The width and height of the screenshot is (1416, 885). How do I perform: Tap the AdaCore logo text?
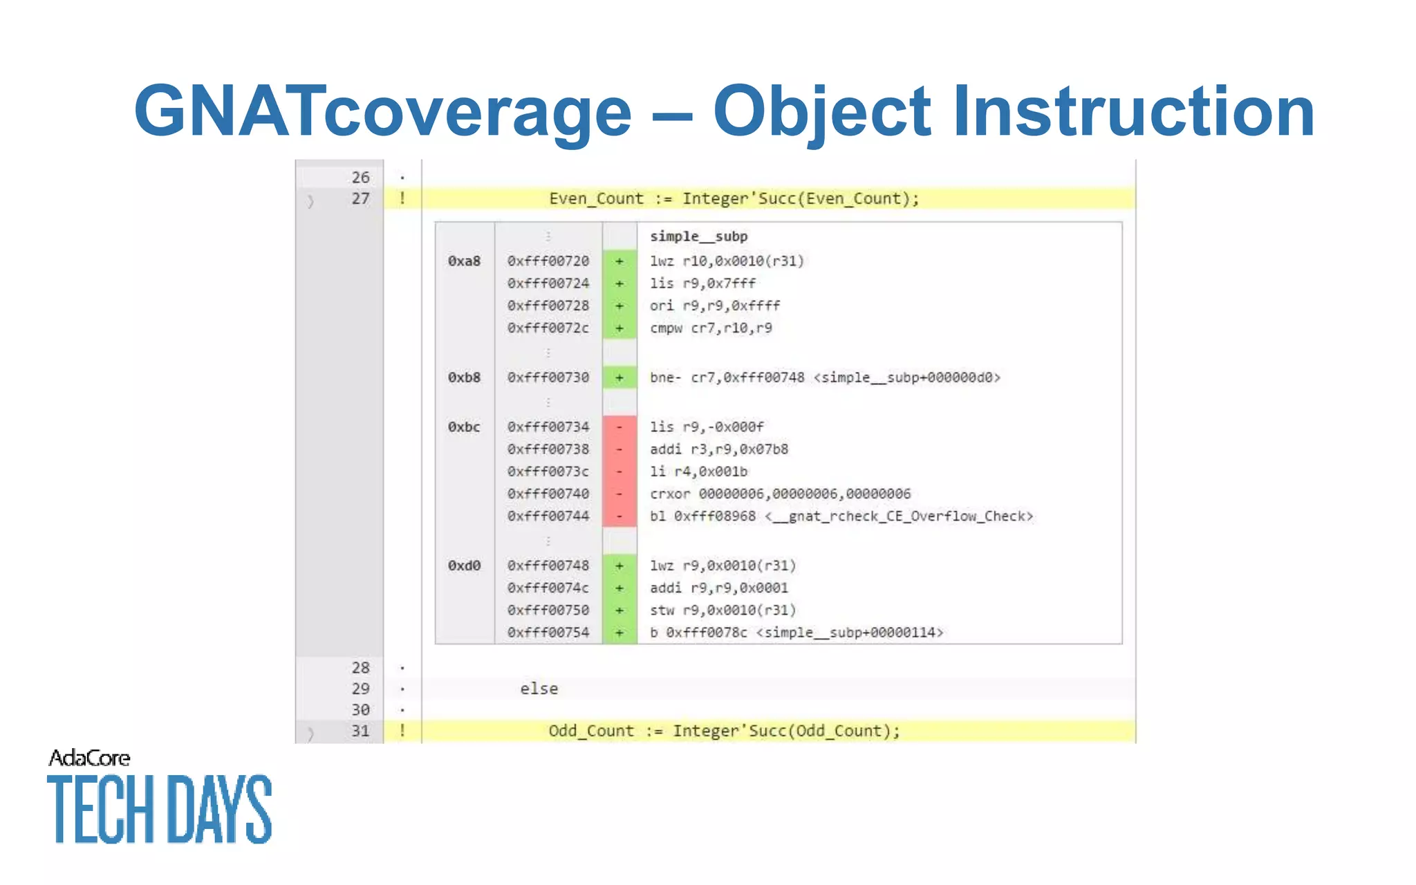click(89, 758)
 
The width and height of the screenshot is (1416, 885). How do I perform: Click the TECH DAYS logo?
click(160, 809)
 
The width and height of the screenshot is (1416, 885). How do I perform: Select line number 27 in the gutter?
click(360, 199)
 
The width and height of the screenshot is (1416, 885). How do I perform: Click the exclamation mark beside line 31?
click(402, 731)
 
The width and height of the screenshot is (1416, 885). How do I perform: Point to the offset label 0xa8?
click(464, 261)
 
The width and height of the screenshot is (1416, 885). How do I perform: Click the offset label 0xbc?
click(464, 427)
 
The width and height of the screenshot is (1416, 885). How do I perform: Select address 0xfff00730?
click(548, 378)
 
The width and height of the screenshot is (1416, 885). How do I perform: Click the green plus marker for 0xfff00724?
click(619, 283)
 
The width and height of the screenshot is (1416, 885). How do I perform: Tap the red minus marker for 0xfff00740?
click(619, 494)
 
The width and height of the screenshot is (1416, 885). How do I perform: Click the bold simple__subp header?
click(698, 236)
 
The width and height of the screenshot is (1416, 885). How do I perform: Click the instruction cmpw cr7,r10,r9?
click(711, 328)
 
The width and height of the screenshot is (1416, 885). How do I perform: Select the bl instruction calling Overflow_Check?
click(841, 516)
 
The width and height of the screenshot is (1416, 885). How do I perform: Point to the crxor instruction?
click(780, 494)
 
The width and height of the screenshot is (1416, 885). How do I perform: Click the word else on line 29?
click(539, 689)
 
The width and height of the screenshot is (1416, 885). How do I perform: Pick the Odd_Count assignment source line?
click(724, 731)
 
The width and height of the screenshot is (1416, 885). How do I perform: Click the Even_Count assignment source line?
click(734, 199)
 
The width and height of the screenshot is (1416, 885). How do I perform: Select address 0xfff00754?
click(548, 633)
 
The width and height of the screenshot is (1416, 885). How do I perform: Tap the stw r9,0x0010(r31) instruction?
click(723, 611)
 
